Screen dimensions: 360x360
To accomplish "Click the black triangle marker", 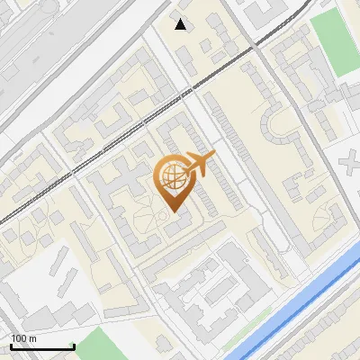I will point(181,24).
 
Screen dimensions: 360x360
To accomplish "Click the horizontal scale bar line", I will point(41,347).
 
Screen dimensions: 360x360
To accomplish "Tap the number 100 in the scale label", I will point(18,338).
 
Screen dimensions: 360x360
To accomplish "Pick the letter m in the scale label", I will point(31,338).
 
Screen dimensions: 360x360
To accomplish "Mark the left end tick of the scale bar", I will point(11,346).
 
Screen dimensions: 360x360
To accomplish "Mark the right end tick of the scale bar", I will point(73,346).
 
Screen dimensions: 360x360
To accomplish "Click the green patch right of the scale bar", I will point(107,346).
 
